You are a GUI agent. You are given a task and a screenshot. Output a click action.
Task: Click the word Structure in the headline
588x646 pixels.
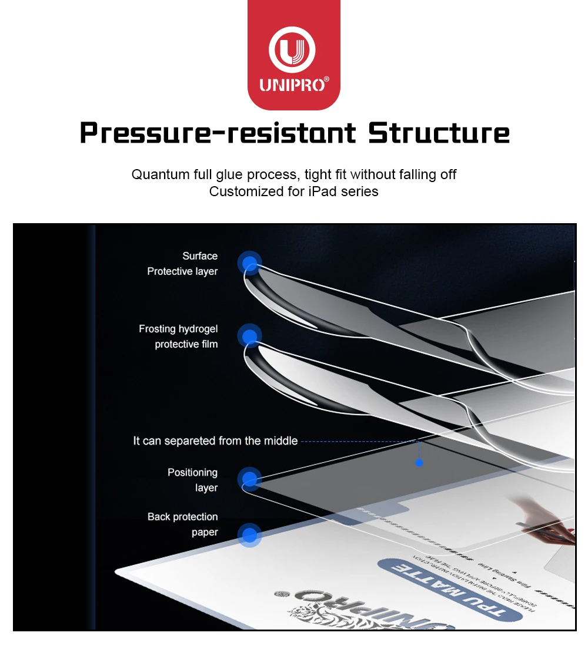pyautogui.click(x=439, y=133)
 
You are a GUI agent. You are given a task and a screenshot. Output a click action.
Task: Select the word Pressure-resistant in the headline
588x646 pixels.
pyautogui.click(x=218, y=133)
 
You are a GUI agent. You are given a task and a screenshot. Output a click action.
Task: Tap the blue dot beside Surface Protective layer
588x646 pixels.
pyautogui.click(x=250, y=263)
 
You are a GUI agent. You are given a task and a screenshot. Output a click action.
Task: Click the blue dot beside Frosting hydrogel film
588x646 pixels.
pyautogui.click(x=250, y=337)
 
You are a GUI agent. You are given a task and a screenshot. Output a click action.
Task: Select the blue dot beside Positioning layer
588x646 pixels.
pyautogui.click(x=250, y=479)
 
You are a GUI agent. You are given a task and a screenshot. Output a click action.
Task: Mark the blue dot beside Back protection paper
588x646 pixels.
pyautogui.click(x=250, y=535)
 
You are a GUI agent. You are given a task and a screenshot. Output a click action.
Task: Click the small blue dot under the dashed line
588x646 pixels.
pyautogui.click(x=419, y=463)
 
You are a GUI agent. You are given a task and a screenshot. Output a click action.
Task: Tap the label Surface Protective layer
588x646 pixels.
pyautogui.click(x=182, y=264)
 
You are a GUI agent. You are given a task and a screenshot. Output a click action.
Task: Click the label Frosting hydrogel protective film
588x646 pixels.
pyautogui.click(x=178, y=337)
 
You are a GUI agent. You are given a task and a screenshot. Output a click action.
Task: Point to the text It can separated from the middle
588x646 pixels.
pyautogui.click(x=215, y=441)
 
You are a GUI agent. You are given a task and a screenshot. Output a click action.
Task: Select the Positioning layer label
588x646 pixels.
pyautogui.click(x=192, y=480)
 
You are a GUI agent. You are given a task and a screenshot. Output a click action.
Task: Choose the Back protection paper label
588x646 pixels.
pyautogui.click(x=182, y=524)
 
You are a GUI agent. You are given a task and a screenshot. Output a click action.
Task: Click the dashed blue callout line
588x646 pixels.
pyautogui.click(x=359, y=441)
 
